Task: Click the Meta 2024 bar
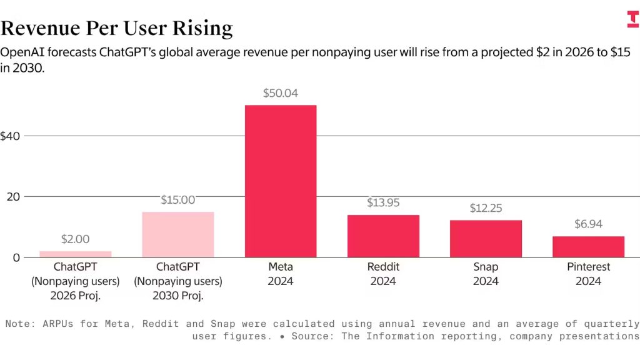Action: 281,181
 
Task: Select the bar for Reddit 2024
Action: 383,236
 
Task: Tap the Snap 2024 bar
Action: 486,238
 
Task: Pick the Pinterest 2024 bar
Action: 588,246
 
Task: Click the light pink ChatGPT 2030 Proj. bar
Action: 178,234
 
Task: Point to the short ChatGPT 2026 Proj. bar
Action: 76,254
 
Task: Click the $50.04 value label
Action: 281,94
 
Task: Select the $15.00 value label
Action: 178,201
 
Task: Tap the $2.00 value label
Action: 76,239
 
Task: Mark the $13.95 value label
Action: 383,203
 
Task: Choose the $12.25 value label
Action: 486,208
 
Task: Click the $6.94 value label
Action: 588,224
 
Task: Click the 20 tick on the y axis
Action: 13,197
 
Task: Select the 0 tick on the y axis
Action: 17,257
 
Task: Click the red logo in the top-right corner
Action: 632,19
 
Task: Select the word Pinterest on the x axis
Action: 588,267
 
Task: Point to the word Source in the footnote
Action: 303,336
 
